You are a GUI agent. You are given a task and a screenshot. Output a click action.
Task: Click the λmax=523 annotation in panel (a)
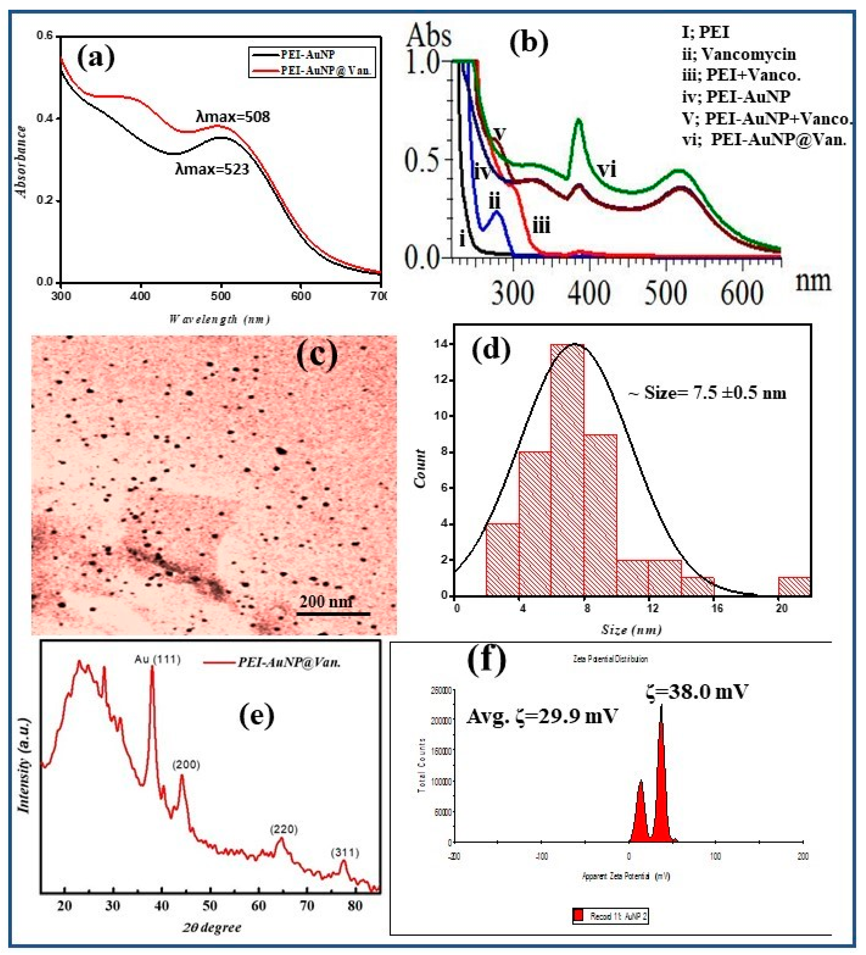212,169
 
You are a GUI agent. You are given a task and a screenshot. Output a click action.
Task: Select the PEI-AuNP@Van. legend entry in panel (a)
326,71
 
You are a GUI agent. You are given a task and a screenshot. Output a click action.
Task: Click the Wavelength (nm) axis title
219,319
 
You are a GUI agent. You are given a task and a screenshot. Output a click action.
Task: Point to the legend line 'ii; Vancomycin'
739,54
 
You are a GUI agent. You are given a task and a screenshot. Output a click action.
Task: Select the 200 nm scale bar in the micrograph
333,613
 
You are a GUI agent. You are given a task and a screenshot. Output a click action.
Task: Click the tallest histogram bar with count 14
567,469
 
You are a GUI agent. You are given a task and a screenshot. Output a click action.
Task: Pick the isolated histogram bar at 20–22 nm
794,586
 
